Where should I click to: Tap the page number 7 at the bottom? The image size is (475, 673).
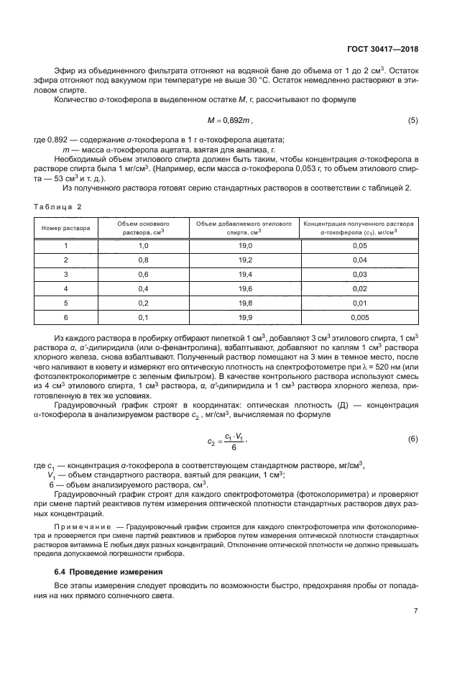point(415,611)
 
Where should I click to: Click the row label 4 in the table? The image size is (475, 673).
point(66,288)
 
